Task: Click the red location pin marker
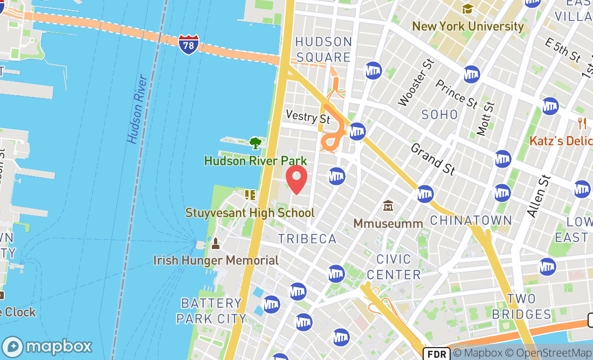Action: (x=296, y=180)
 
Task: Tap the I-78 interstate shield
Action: (x=188, y=44)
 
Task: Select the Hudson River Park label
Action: (x=255, y=161)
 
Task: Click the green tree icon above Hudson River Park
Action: (x=256, y=143)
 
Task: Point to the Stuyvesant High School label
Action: (x=250, y=212)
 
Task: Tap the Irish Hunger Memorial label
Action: (x=216, y=261)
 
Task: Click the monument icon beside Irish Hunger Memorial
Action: (x=216, y=244)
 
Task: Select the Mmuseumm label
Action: (x=388, y=223)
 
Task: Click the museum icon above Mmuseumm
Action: (x=388, y=206)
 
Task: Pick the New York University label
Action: (x=467, y=26)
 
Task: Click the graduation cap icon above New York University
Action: (x=467, y=9)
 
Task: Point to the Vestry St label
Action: (x=307, y=116)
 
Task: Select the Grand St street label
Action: (x=433, y=159)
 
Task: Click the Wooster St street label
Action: (x=416, y=82)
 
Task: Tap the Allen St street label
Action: (x=539, y=196)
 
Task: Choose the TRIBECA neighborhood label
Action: (x=307, y=239)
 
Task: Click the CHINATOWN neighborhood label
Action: (x=471, y=220)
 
